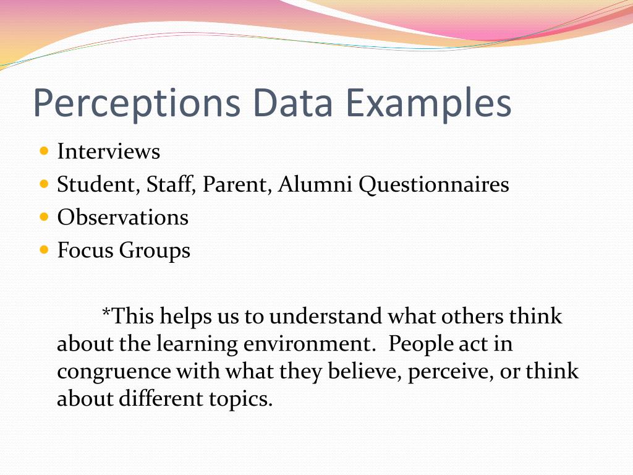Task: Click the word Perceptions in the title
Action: click(x=136, y=104)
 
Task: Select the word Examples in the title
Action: click(x=428, y=104)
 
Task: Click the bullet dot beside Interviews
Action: click(x=43, y=151)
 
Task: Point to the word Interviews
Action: click(x=109, y=152)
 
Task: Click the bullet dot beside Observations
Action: click(x=43, y=217)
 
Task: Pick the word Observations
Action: click(x=123, y=217)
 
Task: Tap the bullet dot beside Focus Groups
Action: click(x=43, y=250)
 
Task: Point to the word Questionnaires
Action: click(x=435, y=185)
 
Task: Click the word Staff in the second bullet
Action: click(x=172, y=184)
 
